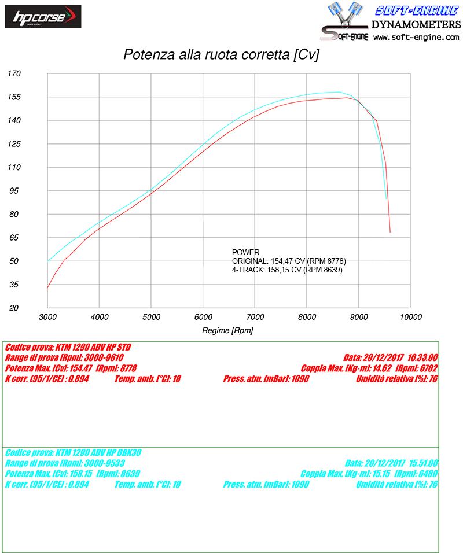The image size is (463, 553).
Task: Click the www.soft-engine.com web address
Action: [x=416, y=37]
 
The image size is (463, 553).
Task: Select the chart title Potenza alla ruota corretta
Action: [x=221, y=55]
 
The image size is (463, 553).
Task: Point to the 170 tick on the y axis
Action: [x=14, y=73]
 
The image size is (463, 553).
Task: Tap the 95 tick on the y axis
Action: [x=14, y=190]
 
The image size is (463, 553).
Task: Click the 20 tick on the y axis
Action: [x=14, y=308]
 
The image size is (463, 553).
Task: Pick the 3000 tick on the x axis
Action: [x=47, y=317]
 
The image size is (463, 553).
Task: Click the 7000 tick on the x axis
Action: [x=255, y=317]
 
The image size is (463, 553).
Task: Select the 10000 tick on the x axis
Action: [x=410, y=317]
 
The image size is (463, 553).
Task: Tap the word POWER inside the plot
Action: [x=246, y=252]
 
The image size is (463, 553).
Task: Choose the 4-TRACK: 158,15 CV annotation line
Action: [x=287, y=270]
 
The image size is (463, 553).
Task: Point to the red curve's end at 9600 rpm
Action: [x=390, y=232]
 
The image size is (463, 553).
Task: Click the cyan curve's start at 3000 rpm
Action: [x=48, y=261]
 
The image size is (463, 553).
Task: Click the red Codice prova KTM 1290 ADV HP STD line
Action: [x=68, y=348]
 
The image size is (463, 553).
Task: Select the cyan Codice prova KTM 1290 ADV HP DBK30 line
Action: [x=73, y=453]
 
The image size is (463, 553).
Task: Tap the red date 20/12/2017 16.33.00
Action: [x=408, y=358]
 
